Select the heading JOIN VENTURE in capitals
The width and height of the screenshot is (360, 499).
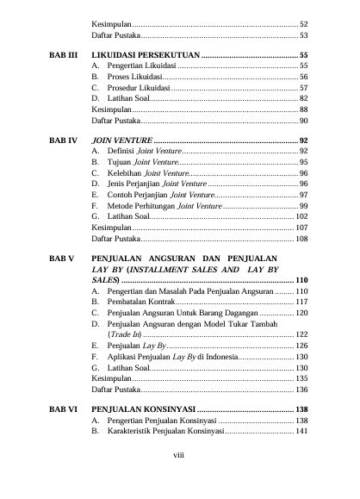pos(123,139)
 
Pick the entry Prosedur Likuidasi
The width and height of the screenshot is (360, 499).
pos(138,88)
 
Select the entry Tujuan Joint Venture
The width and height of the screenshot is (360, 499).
pos(143,162)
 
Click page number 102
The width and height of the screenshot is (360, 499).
pos(301,217)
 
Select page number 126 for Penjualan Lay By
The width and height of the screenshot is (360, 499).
pos(301,345)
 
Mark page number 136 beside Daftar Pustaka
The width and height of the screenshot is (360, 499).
pos(301,390)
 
